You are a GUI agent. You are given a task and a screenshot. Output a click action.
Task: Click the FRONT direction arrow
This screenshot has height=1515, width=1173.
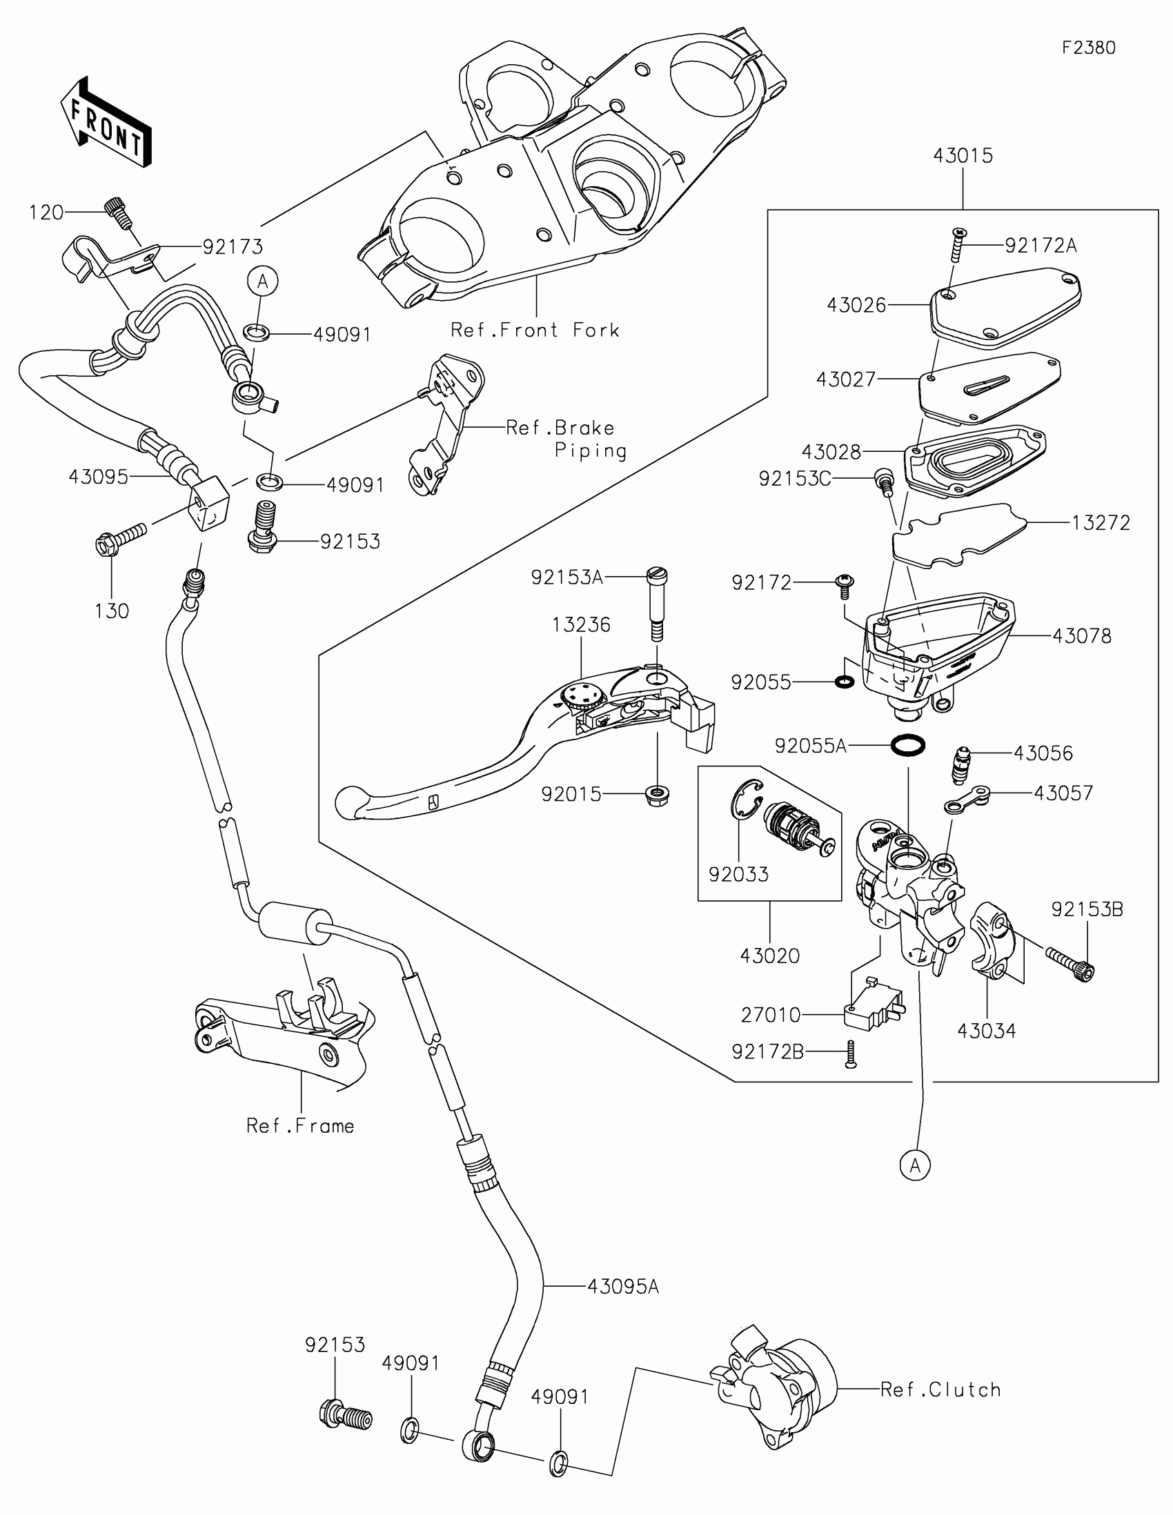[106, 121]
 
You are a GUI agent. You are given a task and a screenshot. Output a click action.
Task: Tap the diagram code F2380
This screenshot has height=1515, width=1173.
[1088, 47]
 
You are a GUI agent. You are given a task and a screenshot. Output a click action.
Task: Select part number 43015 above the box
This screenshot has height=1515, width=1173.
[963, 155]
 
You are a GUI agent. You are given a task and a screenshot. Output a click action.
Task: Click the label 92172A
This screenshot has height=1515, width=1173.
[1041, 246]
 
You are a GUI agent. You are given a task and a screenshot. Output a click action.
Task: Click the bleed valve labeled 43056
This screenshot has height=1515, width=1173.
[962, 764]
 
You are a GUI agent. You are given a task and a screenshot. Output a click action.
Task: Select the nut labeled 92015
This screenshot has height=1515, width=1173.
[656, 795]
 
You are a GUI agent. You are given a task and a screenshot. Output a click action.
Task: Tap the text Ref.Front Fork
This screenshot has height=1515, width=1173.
[535, 330]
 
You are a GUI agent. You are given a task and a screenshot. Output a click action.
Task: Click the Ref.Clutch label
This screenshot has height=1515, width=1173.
[940, 1389]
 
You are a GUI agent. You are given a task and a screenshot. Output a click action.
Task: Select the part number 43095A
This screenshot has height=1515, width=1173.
[623, 1287]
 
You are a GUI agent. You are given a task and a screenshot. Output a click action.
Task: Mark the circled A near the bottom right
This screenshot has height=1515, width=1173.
[915, 1165]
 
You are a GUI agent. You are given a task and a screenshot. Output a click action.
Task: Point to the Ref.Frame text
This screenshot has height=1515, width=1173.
[300, 1125]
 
